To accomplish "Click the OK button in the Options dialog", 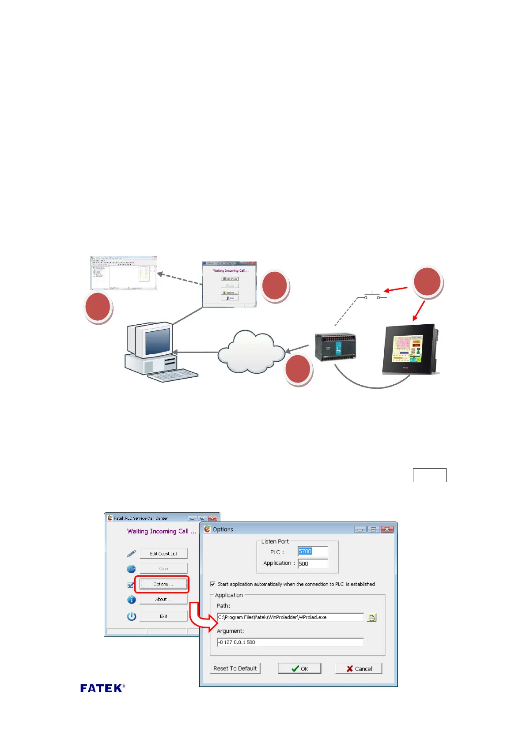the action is pyautogui.click(x=299, y=668).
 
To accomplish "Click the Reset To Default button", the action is pyautogui.click(x=235, y=668).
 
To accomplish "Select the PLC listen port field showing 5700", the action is pyautogui.click(x=312, y=551).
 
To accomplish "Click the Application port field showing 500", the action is pyautogui.click(x=312, y=563).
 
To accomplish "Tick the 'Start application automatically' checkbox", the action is pyautogui.click(x=213, y=584).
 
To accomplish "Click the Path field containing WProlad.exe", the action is pyautogui.click(x=290, y=617).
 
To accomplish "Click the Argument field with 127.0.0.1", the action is pyautogui.click(x=290, y=642).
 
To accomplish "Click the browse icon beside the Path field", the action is pyautogui.click(x=372, y=618).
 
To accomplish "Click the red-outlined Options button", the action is pyautogui.click(x=163, y=584).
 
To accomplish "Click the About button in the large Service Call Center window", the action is pyautogui.click(x=163, y=599).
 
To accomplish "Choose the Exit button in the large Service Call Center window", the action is pyautogui.click(x=163, y=616).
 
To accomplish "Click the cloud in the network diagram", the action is pyautogui.click(x=251, y=352).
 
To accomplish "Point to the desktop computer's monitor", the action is pyautogui.click(x=157, y=341).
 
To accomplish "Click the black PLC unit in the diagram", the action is pyautogui.click(x=335, y=347).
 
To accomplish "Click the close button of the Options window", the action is pyautogui.click(x=387, y=529).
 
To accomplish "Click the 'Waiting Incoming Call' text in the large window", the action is pyautogui.click(x=161, y=531).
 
